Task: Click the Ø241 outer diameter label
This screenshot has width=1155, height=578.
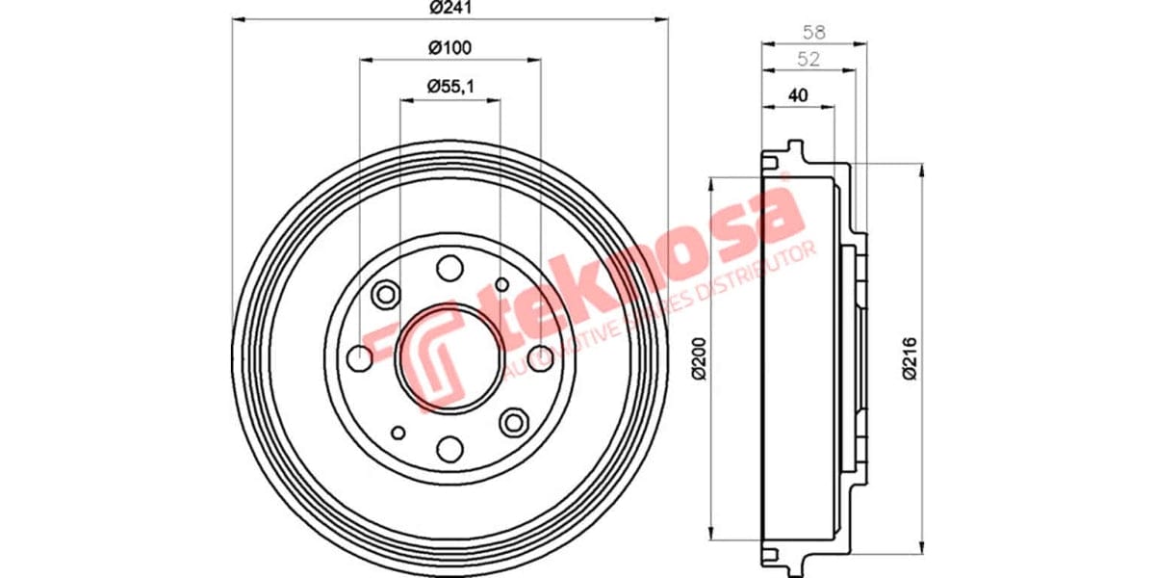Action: pyautogui.click(x=449, y=8)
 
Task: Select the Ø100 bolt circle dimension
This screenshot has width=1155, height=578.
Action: pyautogui.click(x=449, y=47)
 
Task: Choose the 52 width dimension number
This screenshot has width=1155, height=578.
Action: pyautogui.click(x=808, y=60)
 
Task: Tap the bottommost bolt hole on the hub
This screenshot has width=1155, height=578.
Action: pyautogui.click(x=449, y=448)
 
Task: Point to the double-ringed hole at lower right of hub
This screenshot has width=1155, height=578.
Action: pyautogui.click(x=514, y=421)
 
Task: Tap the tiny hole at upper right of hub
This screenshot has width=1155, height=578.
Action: pyautogui.click(x=501, y=284)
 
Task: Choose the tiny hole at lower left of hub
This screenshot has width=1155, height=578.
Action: pyautogui.click(x=398, y=433)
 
